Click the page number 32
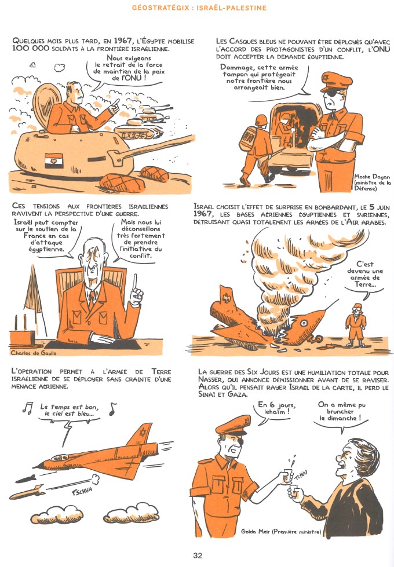197,555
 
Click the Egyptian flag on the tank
54,160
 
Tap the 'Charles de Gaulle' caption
34,353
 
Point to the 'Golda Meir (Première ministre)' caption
281,532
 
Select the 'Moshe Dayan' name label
372,177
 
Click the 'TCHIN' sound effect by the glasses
301,475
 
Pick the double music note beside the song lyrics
27,408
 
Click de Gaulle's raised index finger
135,281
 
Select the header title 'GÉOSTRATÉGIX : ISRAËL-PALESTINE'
199,8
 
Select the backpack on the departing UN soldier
248,139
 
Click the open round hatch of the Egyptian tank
46,105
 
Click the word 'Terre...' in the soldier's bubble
365,284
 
